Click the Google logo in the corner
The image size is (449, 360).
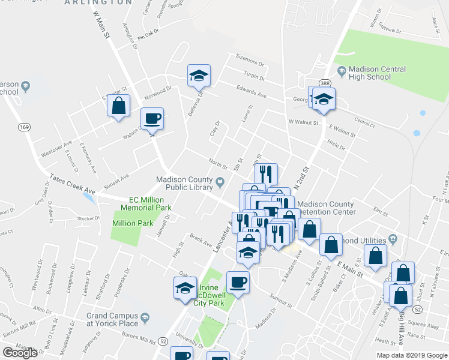pos(20,353)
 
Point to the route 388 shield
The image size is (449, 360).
pos(325,82)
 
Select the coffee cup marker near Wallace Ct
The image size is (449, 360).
pos(152,118)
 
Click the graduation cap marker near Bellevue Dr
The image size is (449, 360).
pos(199,75)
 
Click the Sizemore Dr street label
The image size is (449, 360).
pos(250,62)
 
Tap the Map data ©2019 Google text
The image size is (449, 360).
pos(411,355)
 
